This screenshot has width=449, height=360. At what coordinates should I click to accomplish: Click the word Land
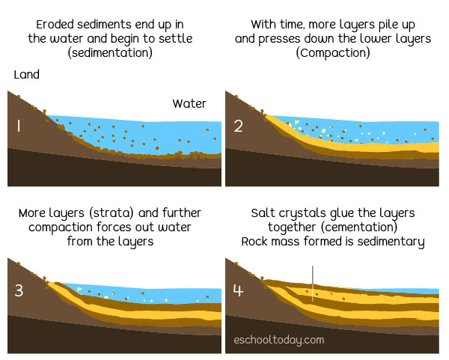[27, 75]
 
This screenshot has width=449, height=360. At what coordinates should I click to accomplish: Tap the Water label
[189, 103]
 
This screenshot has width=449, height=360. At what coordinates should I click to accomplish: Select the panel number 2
[238, 126]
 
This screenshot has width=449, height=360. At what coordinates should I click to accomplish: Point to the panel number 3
[19, 289]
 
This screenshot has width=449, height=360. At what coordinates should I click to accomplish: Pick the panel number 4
[238, 289]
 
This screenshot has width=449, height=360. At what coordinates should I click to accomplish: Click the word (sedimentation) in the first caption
[110, 53]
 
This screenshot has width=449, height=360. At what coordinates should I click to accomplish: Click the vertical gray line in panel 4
[313, 283]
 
